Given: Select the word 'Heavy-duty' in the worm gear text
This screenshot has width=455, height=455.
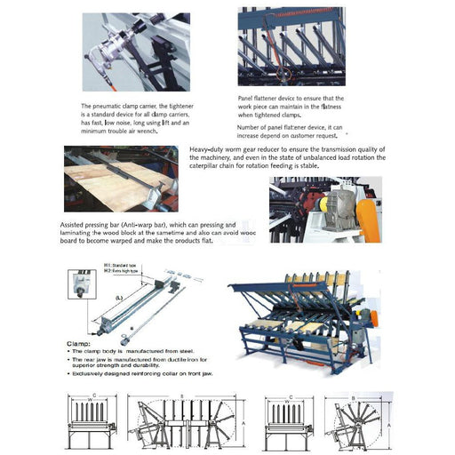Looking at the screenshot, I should click(207, 150).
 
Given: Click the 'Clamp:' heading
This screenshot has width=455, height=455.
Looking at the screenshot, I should click(80, 342).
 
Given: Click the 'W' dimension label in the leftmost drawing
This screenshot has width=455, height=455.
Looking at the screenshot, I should click(91, 402).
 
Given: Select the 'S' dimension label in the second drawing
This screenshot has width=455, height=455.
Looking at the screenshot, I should click(183, 395).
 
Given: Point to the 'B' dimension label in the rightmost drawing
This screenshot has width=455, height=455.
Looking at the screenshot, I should click(355, 397).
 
